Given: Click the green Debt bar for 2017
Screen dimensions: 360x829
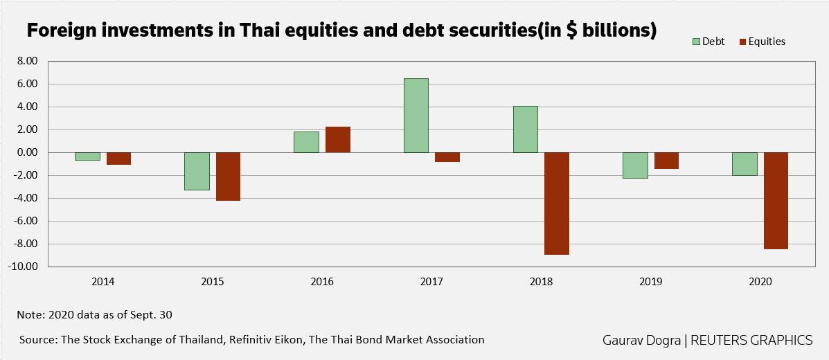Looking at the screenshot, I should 416,116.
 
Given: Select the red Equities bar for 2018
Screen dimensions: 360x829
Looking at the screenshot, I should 557,204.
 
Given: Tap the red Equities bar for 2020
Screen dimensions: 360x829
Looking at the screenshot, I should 776,201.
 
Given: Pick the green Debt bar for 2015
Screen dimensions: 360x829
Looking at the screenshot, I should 197,171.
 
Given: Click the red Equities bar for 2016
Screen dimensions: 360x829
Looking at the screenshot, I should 338,140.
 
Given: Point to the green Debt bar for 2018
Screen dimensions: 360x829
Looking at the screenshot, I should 525,129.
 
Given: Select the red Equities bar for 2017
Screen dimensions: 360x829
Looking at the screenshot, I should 447,157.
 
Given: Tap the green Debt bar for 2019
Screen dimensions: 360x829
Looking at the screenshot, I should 635,165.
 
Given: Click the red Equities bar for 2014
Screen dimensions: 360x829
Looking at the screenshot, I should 118,159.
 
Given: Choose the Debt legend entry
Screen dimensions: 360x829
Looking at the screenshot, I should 708,42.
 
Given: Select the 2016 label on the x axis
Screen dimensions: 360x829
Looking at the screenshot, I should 322,282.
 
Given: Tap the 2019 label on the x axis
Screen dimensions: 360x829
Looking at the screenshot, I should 651,282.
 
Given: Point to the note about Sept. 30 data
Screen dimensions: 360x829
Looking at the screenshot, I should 94,314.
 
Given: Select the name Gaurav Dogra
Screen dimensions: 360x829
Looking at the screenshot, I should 642,340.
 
